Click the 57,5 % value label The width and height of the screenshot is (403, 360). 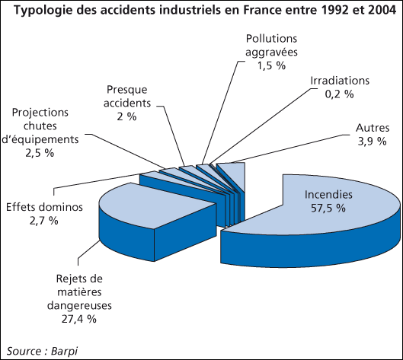pyautogui.click(x=328, y=208)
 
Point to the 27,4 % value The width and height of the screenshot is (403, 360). pyautogui.click(x=79, y=319)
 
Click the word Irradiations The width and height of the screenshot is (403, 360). pyautogui.click(x=340, y=81)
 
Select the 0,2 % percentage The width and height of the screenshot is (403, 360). pyautogui.click(x=339, y=94)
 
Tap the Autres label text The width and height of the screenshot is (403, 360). pyautogui.click(x=373, y=128)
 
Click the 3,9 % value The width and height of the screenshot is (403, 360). pyautogui.click(x=373, y=142)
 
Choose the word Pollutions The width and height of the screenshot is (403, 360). pyautogui.click(x=271, y=39)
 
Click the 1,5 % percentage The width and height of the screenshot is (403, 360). pyautogui.click(x=271, y=65)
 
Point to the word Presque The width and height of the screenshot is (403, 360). pyautogui.click(x=127, y=90)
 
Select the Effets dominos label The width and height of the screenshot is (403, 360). pyautogui.click(x=44, y=207)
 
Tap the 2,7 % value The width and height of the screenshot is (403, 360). pyautogui.click(x=44, y=221)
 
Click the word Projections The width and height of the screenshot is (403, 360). pyautogui.click(x=40, y=113)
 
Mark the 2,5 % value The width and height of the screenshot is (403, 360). pyautogui.click(x=40, y=153)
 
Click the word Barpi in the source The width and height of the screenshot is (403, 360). pyautogui.click(x=64, y=352)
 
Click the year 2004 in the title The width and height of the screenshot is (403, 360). pyautogui.click(x=382, y=11)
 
